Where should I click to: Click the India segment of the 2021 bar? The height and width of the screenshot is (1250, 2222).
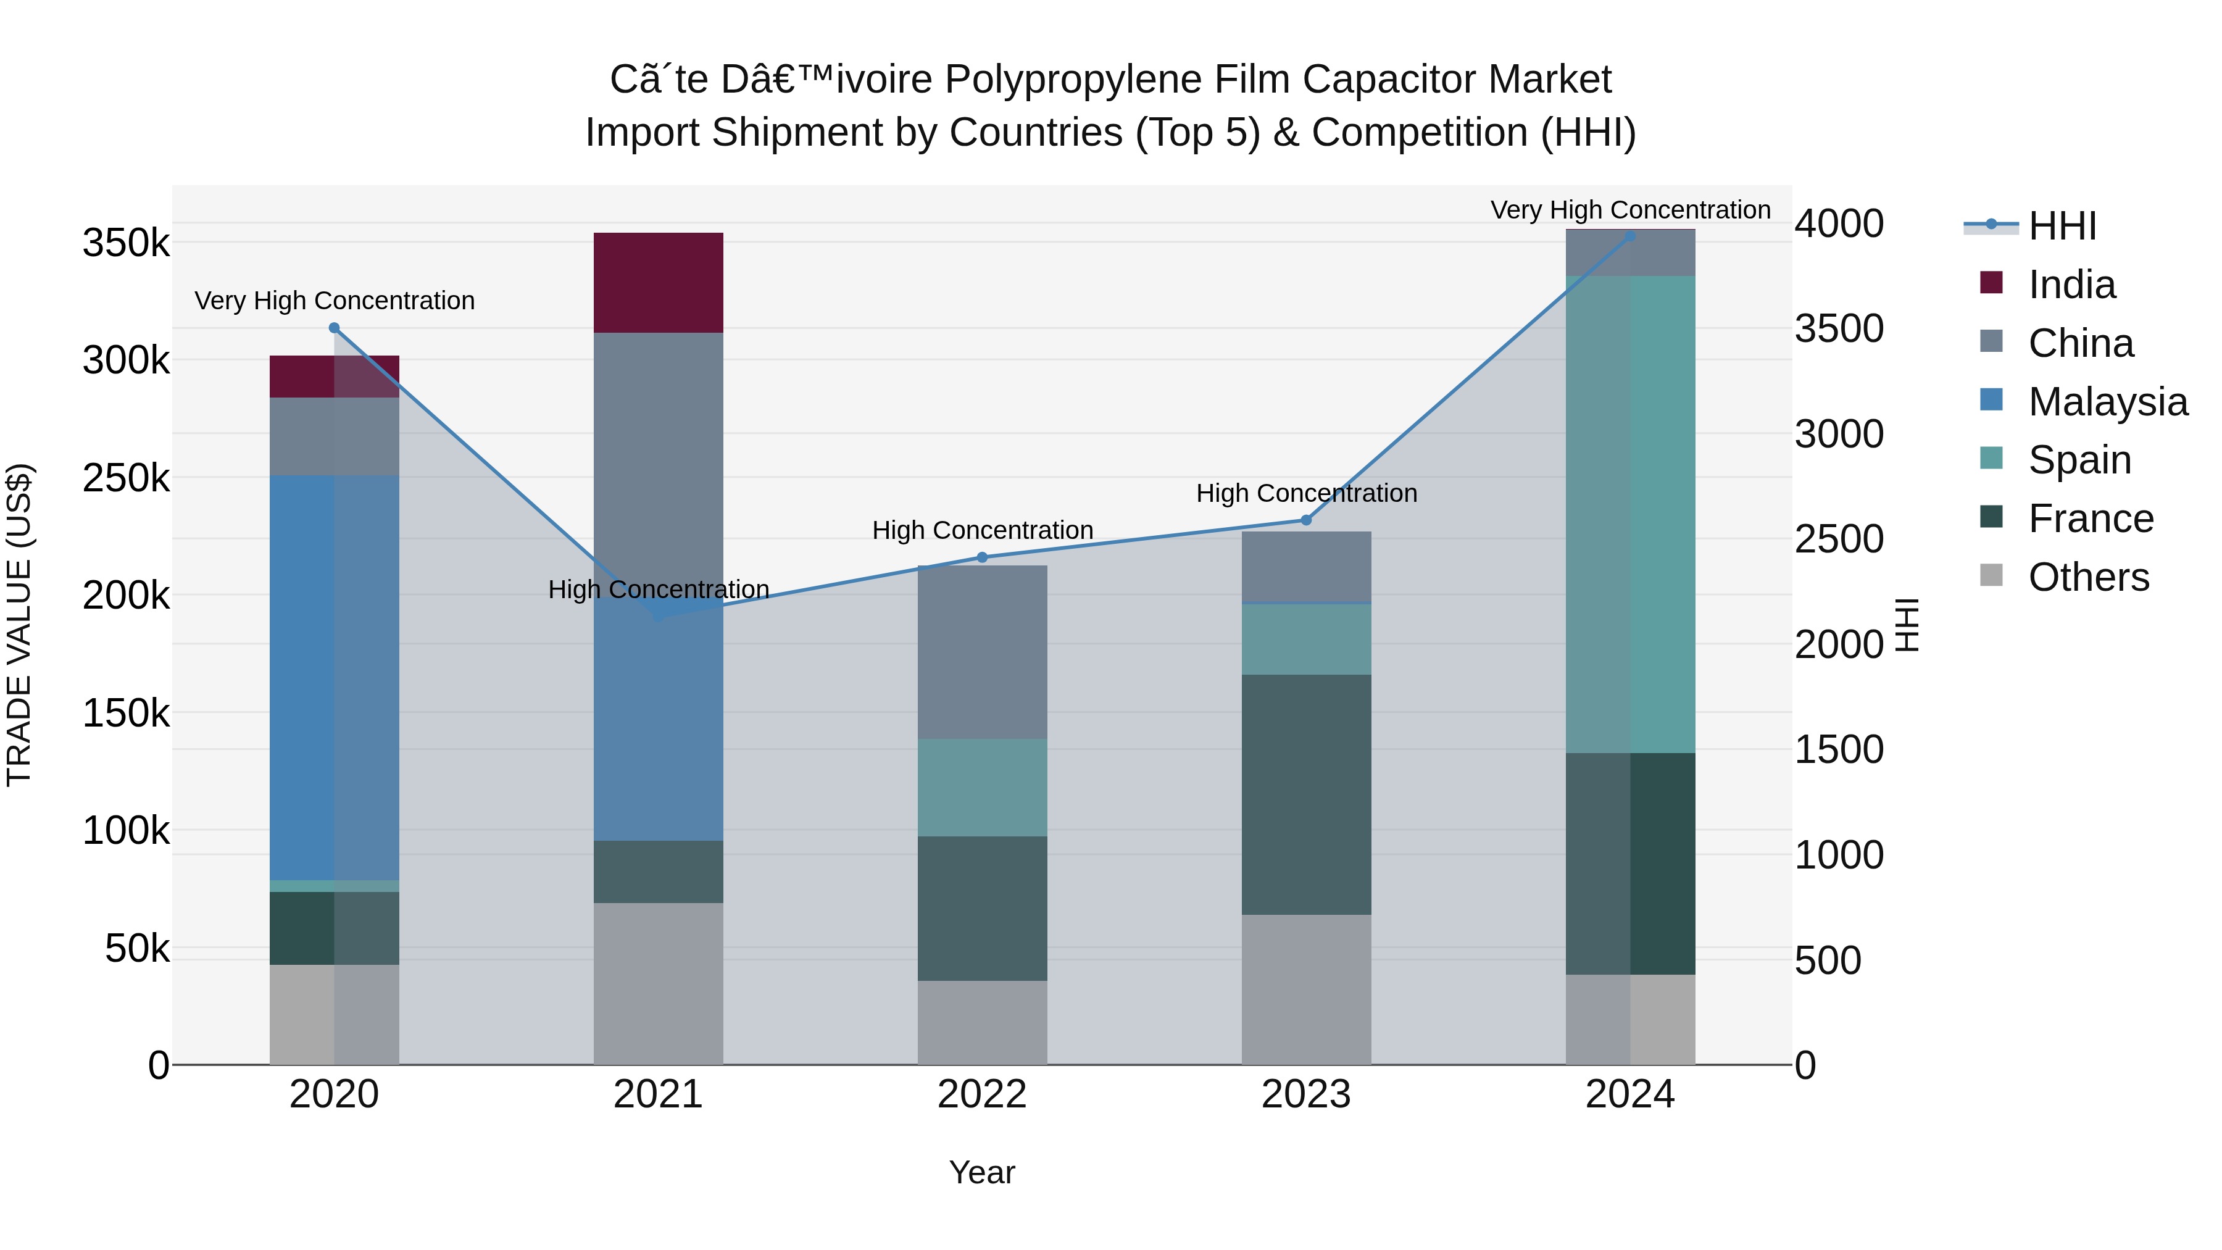click(658, 282)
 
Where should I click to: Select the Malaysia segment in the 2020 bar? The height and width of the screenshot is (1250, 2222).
click(334, 677)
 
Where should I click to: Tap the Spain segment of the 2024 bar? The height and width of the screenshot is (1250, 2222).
click(1630, 514)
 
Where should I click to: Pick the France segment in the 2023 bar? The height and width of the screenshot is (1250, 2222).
click(1306, 794)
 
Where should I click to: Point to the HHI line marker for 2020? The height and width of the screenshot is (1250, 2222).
click(335, 328)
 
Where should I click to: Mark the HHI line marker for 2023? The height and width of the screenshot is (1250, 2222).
click(1306, 520)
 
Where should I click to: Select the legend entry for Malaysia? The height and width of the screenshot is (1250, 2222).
click(2107, 402)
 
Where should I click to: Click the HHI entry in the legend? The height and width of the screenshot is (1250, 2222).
click(2062, 226)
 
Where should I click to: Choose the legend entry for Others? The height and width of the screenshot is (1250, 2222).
click(2088, 577)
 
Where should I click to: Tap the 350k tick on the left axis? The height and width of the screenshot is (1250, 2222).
click(126, 243)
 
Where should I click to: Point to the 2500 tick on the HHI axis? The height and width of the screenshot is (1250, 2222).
click(1839, 539)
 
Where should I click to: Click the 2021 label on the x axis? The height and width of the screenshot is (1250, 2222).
click(658, 1094)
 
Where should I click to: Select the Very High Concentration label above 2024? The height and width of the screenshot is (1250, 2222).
click(1630, 210)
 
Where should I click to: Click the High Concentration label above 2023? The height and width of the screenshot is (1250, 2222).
click(1306, 493)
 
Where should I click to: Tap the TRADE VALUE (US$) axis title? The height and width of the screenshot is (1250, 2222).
click(19, 625)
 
